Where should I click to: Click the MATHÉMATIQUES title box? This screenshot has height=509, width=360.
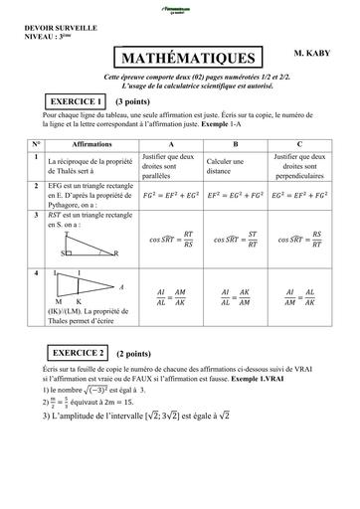pyautogui.click(x=188, y=59)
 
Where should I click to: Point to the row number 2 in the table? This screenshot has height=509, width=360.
pyautogui.click(x=36, y=186)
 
